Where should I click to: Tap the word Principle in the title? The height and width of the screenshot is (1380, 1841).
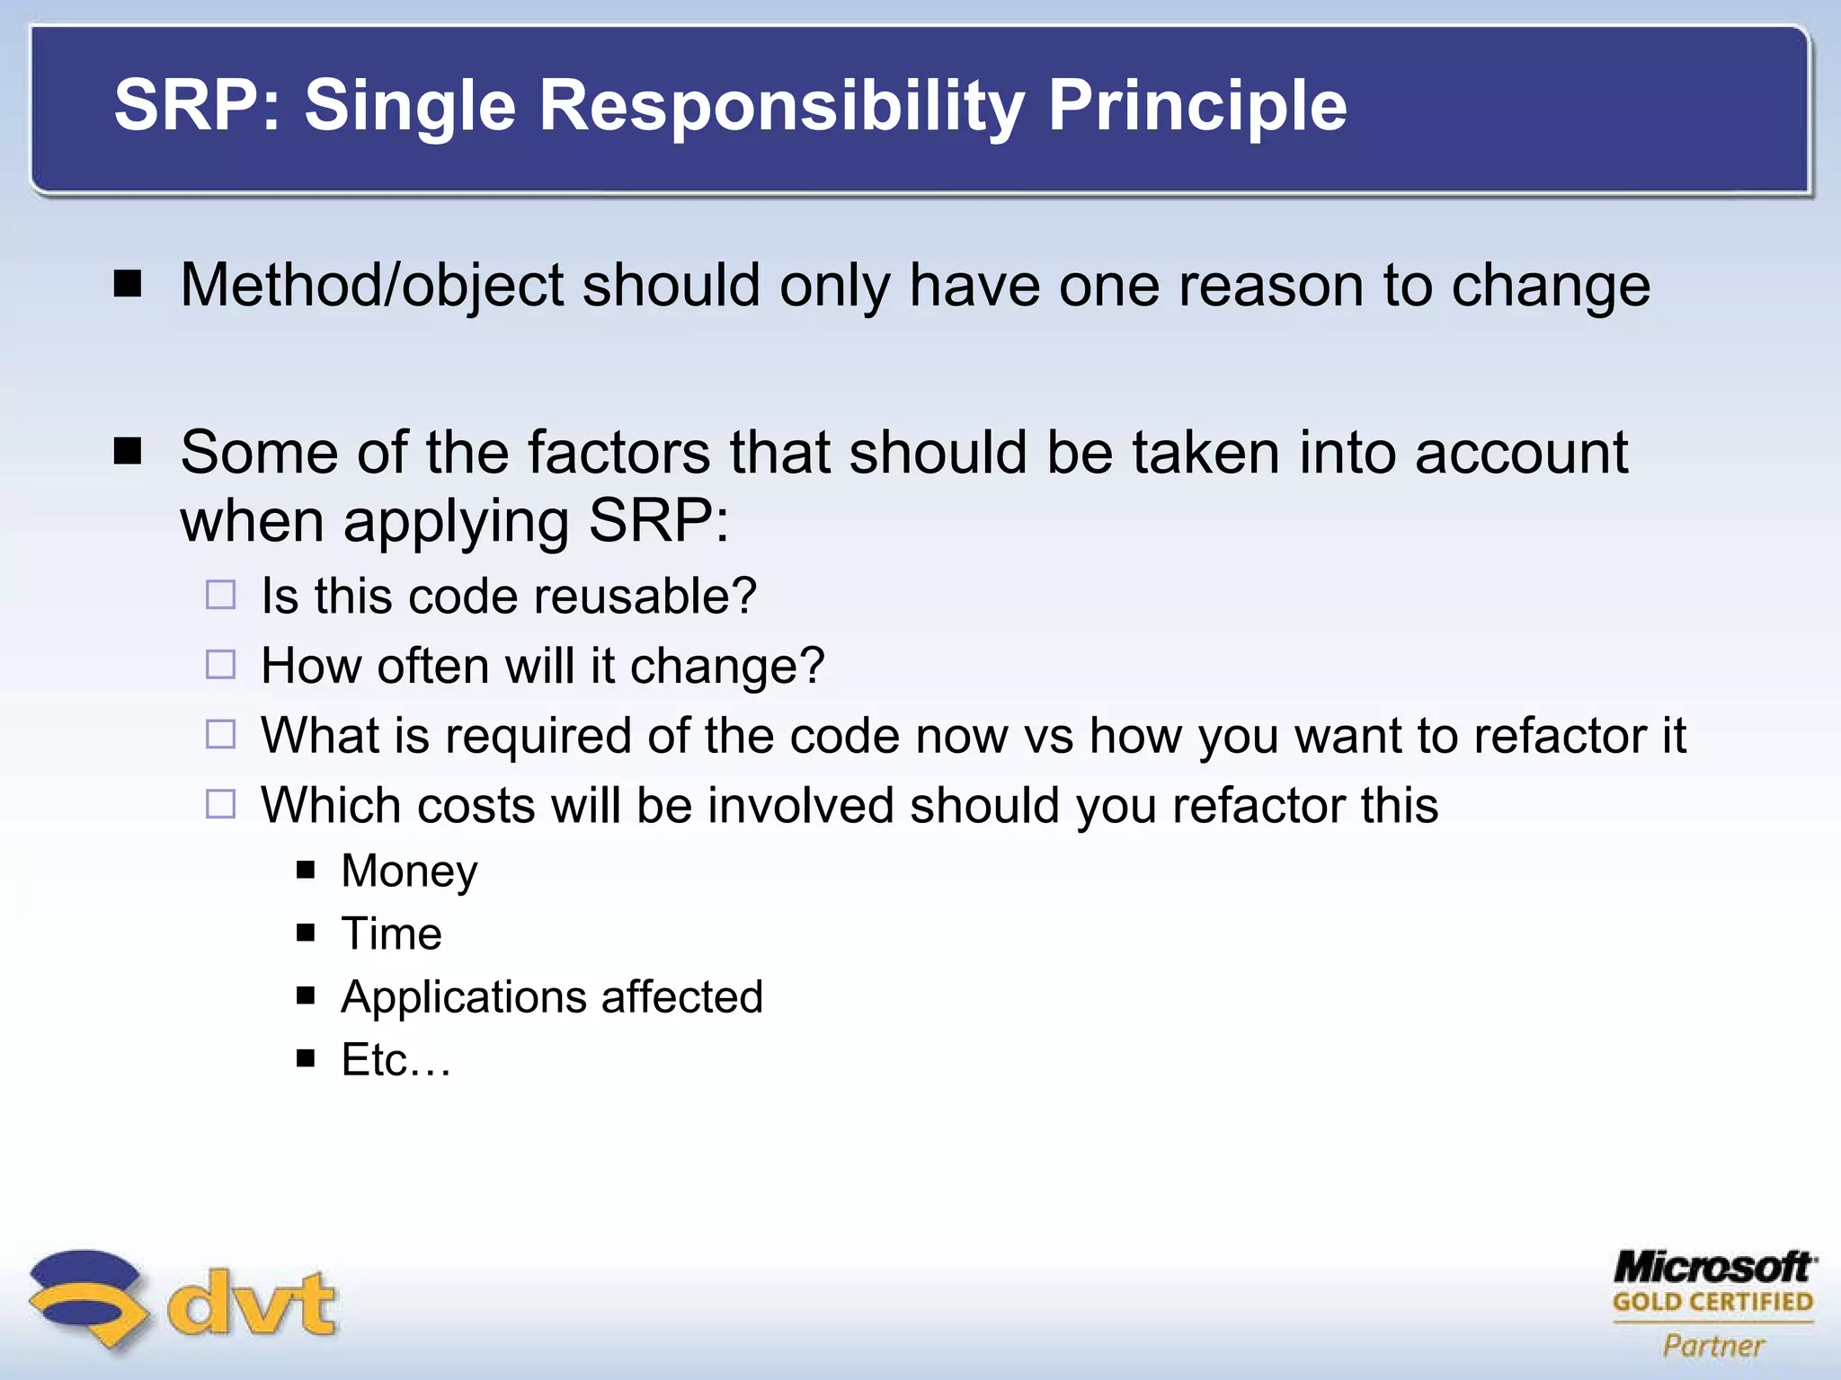[1197, 106]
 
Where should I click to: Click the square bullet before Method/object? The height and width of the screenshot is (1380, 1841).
[129, 285]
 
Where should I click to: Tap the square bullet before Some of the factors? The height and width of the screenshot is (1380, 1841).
[129, 451]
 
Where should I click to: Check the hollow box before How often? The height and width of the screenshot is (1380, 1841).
[220, 665]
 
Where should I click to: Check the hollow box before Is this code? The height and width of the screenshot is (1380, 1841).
[220, 596]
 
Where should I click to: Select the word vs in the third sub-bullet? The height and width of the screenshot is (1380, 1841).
[1049, 736]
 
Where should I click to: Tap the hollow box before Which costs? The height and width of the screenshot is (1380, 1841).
[220, 804]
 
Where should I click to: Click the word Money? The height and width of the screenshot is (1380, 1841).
[409, 871]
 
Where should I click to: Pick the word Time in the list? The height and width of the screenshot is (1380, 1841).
[391, 933]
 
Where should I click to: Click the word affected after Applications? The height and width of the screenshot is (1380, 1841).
[681, 997]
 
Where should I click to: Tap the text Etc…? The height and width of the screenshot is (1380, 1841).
[396, 1060]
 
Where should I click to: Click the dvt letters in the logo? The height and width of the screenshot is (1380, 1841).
[252, 1303]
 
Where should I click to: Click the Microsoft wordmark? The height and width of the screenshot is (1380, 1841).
[1713, 1268]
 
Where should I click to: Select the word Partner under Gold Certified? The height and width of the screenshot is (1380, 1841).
[1713, 1346]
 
